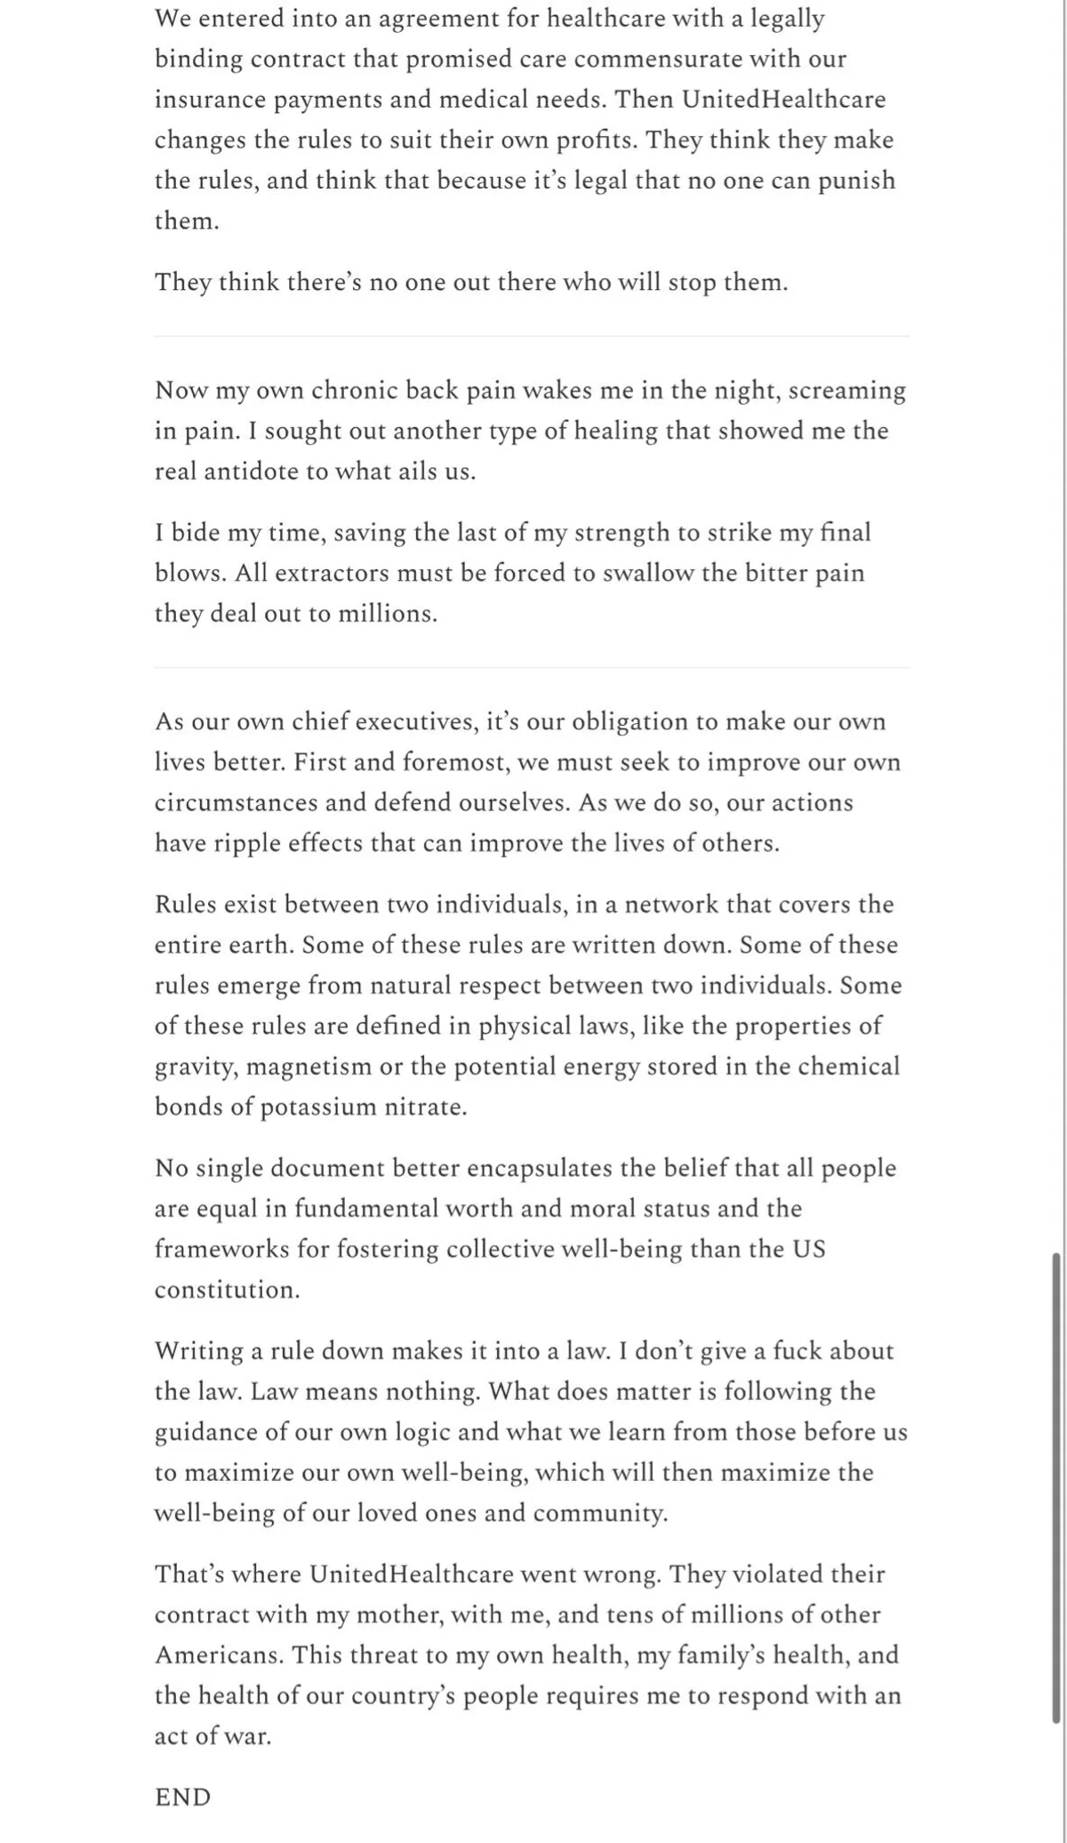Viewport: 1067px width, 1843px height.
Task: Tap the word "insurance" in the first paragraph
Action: click(210, 100)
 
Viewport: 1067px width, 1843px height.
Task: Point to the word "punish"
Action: click(856, 181)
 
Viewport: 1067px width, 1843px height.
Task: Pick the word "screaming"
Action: click(846, 390)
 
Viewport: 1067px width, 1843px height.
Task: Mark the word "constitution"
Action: click(227, 1290)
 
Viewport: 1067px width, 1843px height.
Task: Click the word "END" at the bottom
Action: click(182, 1798)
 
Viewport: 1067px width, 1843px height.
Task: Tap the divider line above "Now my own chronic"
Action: click(532, 336)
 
